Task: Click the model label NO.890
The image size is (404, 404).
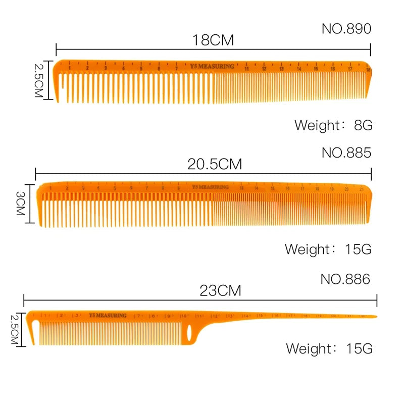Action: click(346, 29)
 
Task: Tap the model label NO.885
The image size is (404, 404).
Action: click(346, 153)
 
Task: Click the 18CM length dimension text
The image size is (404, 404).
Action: click(213, 40)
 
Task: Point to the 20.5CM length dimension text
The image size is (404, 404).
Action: click(215, 164)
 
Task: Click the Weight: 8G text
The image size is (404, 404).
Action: click(333, 125)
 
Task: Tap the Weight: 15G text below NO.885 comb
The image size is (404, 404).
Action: click(328, 249)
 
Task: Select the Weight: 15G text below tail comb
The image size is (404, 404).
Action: click(329, 348)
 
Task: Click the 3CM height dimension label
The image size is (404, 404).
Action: click(21, 204)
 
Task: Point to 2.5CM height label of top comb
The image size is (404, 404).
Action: click(39, 80)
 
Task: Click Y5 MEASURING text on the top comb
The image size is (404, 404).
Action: click(212, 66)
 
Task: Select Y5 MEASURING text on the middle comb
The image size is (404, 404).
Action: click(210, 187)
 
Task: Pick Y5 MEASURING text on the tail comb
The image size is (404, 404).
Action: click(107, 316)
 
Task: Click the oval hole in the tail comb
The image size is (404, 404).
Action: click(189, 332)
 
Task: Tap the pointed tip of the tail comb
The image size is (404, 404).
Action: click(375, 317)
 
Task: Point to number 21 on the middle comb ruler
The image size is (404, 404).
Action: click(362, 189)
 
